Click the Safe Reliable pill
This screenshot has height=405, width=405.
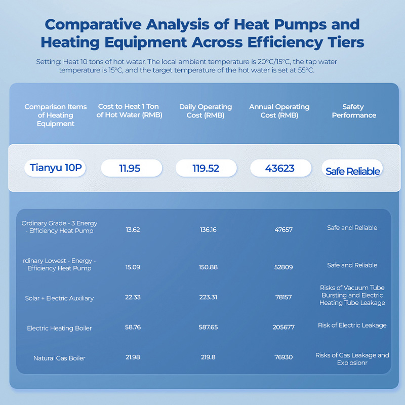tap(352, 171)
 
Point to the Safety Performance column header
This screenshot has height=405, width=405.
tap(352, 111)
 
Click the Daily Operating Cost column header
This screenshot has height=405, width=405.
tap(206, 111)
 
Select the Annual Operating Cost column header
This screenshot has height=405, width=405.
tap(279, 111)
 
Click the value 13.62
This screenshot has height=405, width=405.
tap(133, 229)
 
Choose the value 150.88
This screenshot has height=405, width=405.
tap(208, 267)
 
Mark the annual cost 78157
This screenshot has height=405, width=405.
tap(283, 297)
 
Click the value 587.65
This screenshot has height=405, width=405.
tap(208, 328)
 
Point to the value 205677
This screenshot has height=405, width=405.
tap(283, 328)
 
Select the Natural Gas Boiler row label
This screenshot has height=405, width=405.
tap(59, 358)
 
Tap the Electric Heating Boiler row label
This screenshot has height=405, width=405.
tap(59, 328)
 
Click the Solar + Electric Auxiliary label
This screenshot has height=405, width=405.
tap(59, 298)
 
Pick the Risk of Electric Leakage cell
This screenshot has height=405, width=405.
tap(352, 325)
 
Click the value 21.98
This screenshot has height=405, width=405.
tap(133, 357)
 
